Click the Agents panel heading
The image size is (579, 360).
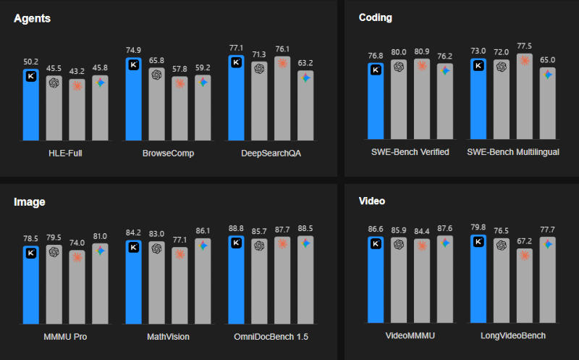[x=32, y=17]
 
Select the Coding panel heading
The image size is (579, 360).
[x=376, y=17]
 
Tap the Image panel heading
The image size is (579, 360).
[x=30, y=202]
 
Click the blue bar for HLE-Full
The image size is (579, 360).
[x=31, y=104]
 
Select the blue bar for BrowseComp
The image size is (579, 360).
[x=134, y=98]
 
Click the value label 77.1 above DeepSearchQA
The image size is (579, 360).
[x=237, y=48]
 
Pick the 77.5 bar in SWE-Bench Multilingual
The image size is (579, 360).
[x=525, y=97]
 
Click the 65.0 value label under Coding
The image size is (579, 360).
[x=548, y=60]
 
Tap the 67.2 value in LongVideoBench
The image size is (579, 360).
[x=525, y=240]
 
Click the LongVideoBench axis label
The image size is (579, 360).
[x=513, y=336]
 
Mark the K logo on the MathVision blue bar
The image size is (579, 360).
[x=134, y=247]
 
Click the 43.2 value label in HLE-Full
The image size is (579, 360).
[x=77, y=72]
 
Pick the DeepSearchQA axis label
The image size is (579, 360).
[x=271, y=153]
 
